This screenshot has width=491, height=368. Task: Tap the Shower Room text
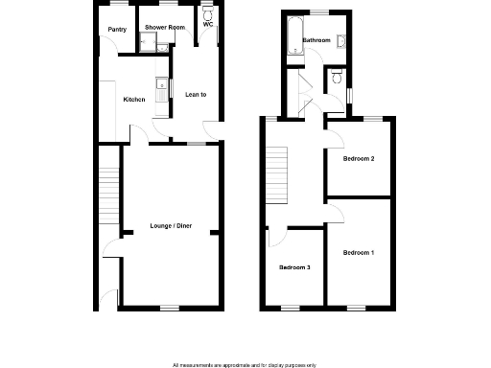(x=165, y=28)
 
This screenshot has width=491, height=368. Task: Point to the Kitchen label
(x=134, y=100)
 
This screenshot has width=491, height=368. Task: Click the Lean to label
(x=196, y=95)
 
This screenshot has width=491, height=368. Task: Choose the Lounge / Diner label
(x=171, y=226)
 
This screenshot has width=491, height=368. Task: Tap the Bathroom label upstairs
(x=316, y=40)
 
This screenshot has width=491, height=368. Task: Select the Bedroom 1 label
(x=358, y=252)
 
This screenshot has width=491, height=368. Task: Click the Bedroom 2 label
(x=359, y=159)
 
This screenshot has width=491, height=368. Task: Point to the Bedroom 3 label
(x=294, y=266)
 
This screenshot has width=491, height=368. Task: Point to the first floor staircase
(x=276, y=173)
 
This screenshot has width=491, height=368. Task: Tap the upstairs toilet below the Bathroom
(x=334, y=78)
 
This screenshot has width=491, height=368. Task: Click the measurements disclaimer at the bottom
(x=245, y=365)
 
